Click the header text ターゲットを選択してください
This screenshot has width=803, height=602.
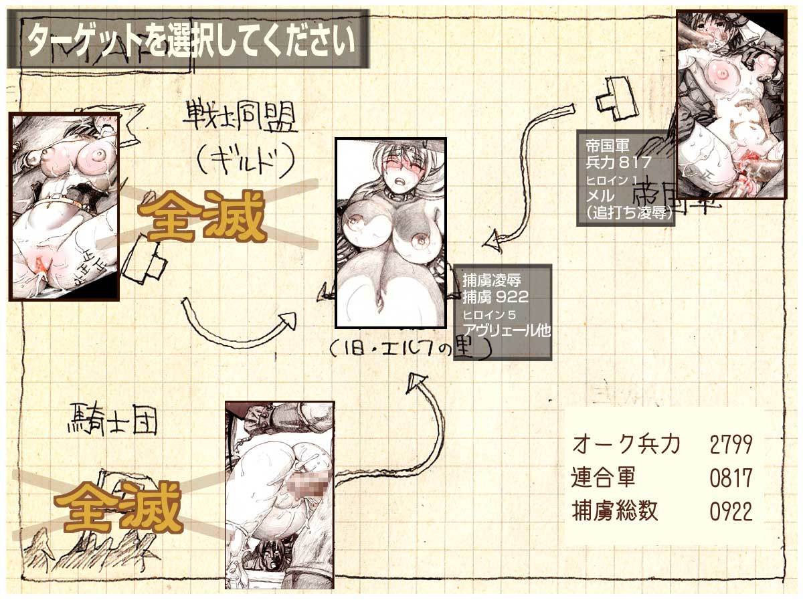pos(189,40)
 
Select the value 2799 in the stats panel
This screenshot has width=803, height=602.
pos(731,443)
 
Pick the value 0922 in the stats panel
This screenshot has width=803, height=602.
pos(731,512)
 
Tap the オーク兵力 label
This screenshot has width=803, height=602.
pos(626,443)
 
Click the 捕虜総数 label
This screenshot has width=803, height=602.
pos(615,512)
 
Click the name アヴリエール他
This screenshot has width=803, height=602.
pos(507,330)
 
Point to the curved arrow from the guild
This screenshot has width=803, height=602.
pos(241,320)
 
